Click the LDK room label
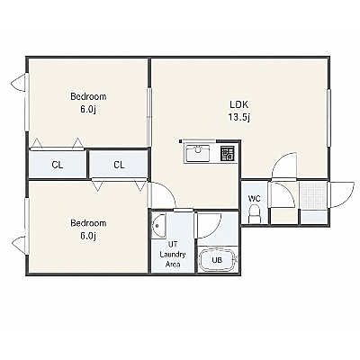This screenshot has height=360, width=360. (x=239, y=104)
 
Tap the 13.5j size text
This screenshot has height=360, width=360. (x=239, y=117)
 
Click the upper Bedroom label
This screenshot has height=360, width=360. (x=88, y=96)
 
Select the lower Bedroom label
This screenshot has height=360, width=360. (x=88, y=223)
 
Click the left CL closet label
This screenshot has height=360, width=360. (x=58, y=165)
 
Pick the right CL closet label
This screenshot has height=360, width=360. (x=119, y=165)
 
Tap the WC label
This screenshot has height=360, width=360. (x=254, y=198)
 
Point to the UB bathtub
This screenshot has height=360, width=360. (x=218, y=260)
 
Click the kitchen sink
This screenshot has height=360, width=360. (x=197, y=153)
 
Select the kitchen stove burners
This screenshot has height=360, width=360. (x=227, y=153)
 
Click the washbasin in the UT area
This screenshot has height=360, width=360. (x=158, y=226)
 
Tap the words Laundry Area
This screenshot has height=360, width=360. (x=173, y=260)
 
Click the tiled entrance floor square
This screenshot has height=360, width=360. (x=313, y=196)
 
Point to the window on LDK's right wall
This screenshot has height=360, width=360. (x=328, y=119)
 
